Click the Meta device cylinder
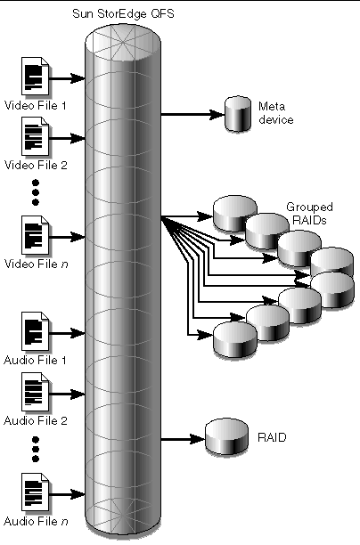tap(236, 117)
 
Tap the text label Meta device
tap(273, 111)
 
